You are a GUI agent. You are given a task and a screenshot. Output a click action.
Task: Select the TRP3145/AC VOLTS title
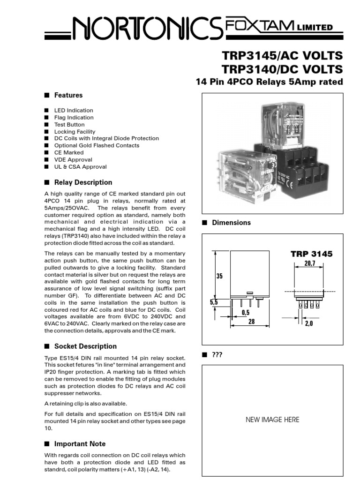coord(282,56)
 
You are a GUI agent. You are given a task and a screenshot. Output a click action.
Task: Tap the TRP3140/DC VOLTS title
coord(282,69)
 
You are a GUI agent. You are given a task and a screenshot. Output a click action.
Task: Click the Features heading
coord(68,95)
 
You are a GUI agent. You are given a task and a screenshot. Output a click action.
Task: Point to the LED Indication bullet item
coord(74,111)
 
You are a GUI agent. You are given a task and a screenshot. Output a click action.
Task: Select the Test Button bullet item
coord(69,125)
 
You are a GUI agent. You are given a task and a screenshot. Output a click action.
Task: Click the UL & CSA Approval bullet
coord(80,167)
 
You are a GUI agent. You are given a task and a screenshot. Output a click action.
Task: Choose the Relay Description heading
coord(83,182)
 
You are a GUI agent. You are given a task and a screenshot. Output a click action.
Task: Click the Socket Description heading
coord(85,346)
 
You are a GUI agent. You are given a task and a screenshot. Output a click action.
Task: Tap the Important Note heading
coord(80,444)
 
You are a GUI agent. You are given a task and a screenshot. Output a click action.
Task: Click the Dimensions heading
coord(231,223)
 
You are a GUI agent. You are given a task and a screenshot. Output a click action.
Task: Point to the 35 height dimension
coord(219,276)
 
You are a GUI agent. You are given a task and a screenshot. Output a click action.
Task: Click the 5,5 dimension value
coord(214,303)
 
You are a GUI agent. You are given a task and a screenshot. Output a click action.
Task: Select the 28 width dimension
coord(251,322)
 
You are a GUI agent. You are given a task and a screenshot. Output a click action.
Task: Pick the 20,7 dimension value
coord(310,264)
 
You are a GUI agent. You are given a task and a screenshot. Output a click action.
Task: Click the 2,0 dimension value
coord(308,323)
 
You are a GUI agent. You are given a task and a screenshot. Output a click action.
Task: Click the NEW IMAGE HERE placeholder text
coord(272,420)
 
